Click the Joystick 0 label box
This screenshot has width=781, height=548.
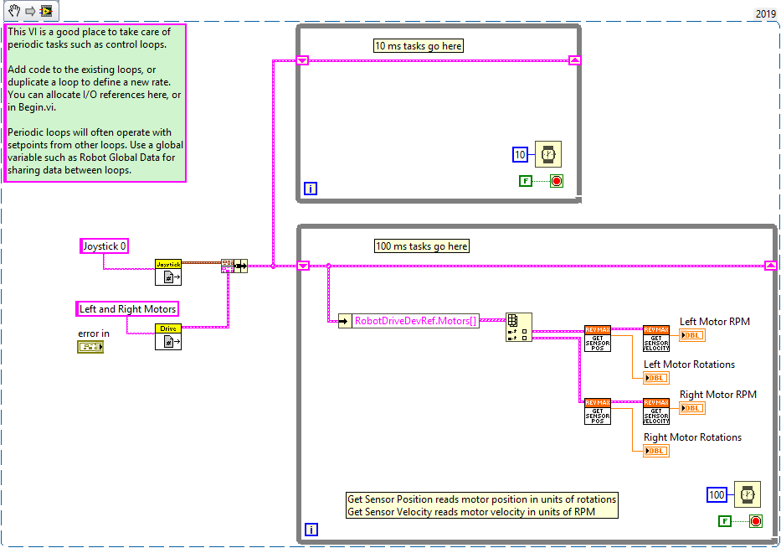[105, 246]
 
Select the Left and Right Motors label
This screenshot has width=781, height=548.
[127, 308]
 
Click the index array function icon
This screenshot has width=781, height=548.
[518, 327]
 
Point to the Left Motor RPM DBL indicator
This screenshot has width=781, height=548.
[692, 335]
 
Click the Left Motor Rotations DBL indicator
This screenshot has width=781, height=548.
[656, 378]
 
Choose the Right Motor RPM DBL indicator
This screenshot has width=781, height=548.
[692, 408]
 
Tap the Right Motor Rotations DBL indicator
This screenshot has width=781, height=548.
[656, 451]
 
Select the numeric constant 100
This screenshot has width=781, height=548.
[717, 494]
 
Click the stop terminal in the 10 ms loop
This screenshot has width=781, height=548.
[556, 180]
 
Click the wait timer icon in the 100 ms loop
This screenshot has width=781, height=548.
[747, 494]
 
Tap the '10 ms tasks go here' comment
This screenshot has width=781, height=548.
[419, 45]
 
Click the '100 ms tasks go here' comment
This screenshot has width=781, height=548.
[422, 246]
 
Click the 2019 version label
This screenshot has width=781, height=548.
[766, 13]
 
